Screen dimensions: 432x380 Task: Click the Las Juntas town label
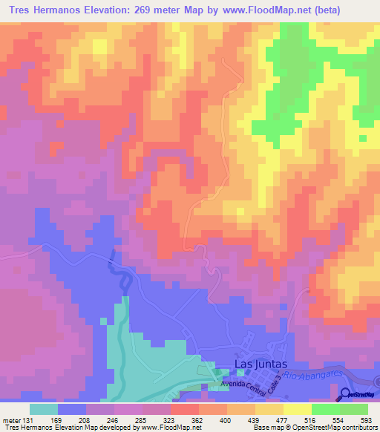(x=256, y=364)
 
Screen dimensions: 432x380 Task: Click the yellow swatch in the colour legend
(x=297, y=409)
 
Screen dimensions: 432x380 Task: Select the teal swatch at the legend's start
(x=44, y=409)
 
